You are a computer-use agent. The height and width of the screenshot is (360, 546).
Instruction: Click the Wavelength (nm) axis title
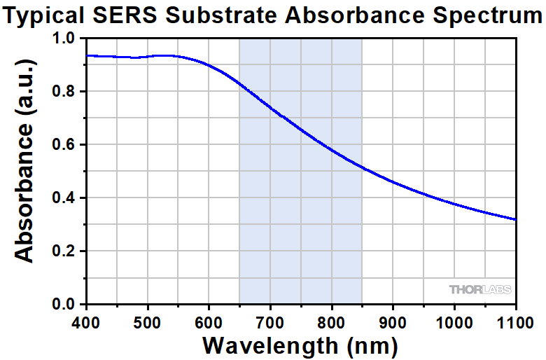coord(300,345)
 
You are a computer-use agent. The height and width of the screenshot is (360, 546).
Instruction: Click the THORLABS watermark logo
coord(480,289)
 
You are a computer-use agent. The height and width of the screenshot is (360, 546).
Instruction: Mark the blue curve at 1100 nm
coord(515,219)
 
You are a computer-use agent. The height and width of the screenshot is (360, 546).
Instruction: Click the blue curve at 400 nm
coord(86,56)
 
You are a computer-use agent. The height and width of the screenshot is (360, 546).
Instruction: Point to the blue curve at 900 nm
coord(393,182)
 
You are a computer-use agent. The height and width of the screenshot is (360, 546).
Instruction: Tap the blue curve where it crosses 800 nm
coord(332,151)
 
